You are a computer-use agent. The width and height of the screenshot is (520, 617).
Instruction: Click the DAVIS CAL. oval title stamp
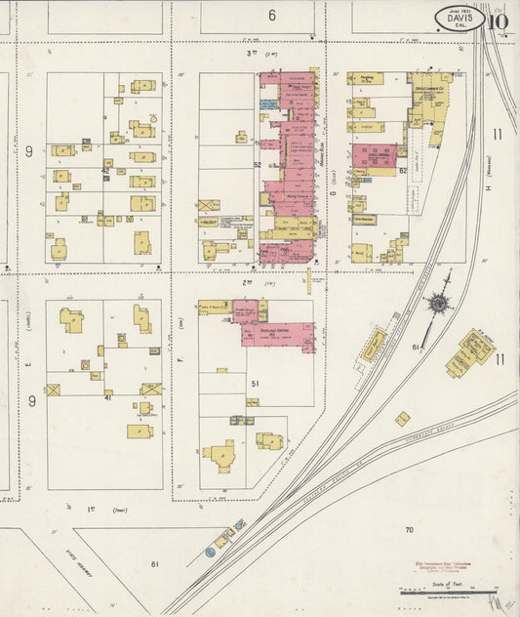(460, 20)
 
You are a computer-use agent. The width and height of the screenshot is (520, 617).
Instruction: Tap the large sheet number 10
(499, 20)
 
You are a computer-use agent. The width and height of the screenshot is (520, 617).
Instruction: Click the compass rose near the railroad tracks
(437, 304)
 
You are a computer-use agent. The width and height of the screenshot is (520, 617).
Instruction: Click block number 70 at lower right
(410, 530)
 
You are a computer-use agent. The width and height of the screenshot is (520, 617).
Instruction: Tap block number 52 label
(258, 165)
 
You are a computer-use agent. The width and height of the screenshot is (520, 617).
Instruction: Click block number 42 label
(104, 170)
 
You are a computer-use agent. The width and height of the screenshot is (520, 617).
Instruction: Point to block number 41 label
(109, 397)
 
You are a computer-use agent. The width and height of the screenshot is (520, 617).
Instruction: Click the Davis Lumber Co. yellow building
(429, 98)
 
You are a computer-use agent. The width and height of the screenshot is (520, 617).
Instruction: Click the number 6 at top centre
(272, 15)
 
